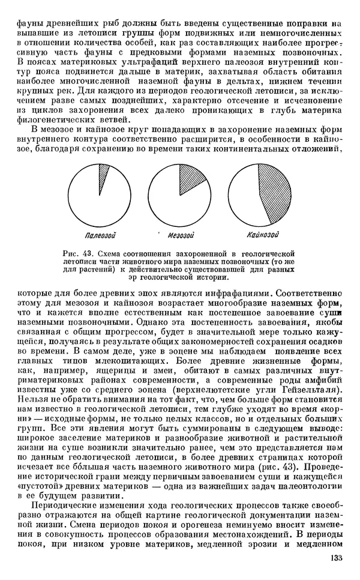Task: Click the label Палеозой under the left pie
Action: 100,234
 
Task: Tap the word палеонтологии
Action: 314,486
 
